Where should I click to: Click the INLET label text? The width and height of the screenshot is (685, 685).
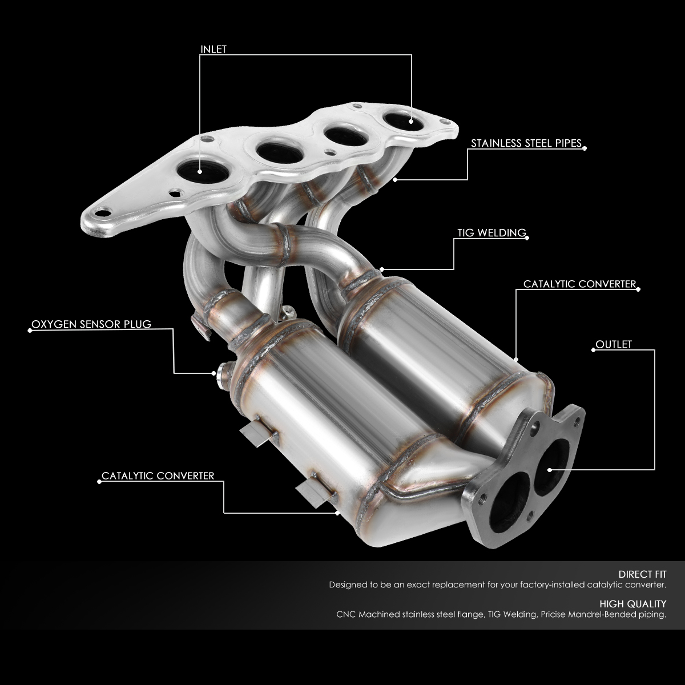click(x=213, y=49)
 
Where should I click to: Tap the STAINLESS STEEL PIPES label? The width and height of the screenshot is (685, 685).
click(x=526, y=143)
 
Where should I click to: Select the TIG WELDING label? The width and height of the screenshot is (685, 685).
click(x=491, y=233)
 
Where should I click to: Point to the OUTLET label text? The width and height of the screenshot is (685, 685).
click(x=614, y=344)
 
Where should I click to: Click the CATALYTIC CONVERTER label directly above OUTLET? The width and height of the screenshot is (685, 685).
click(x=579, y=284)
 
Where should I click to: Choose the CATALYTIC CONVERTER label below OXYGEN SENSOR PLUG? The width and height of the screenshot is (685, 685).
click(x=158, y=476)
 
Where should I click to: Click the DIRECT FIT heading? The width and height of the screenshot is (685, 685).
click(x=642, y=574)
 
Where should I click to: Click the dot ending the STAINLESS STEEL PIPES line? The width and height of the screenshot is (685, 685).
click(x=396, y=180)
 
